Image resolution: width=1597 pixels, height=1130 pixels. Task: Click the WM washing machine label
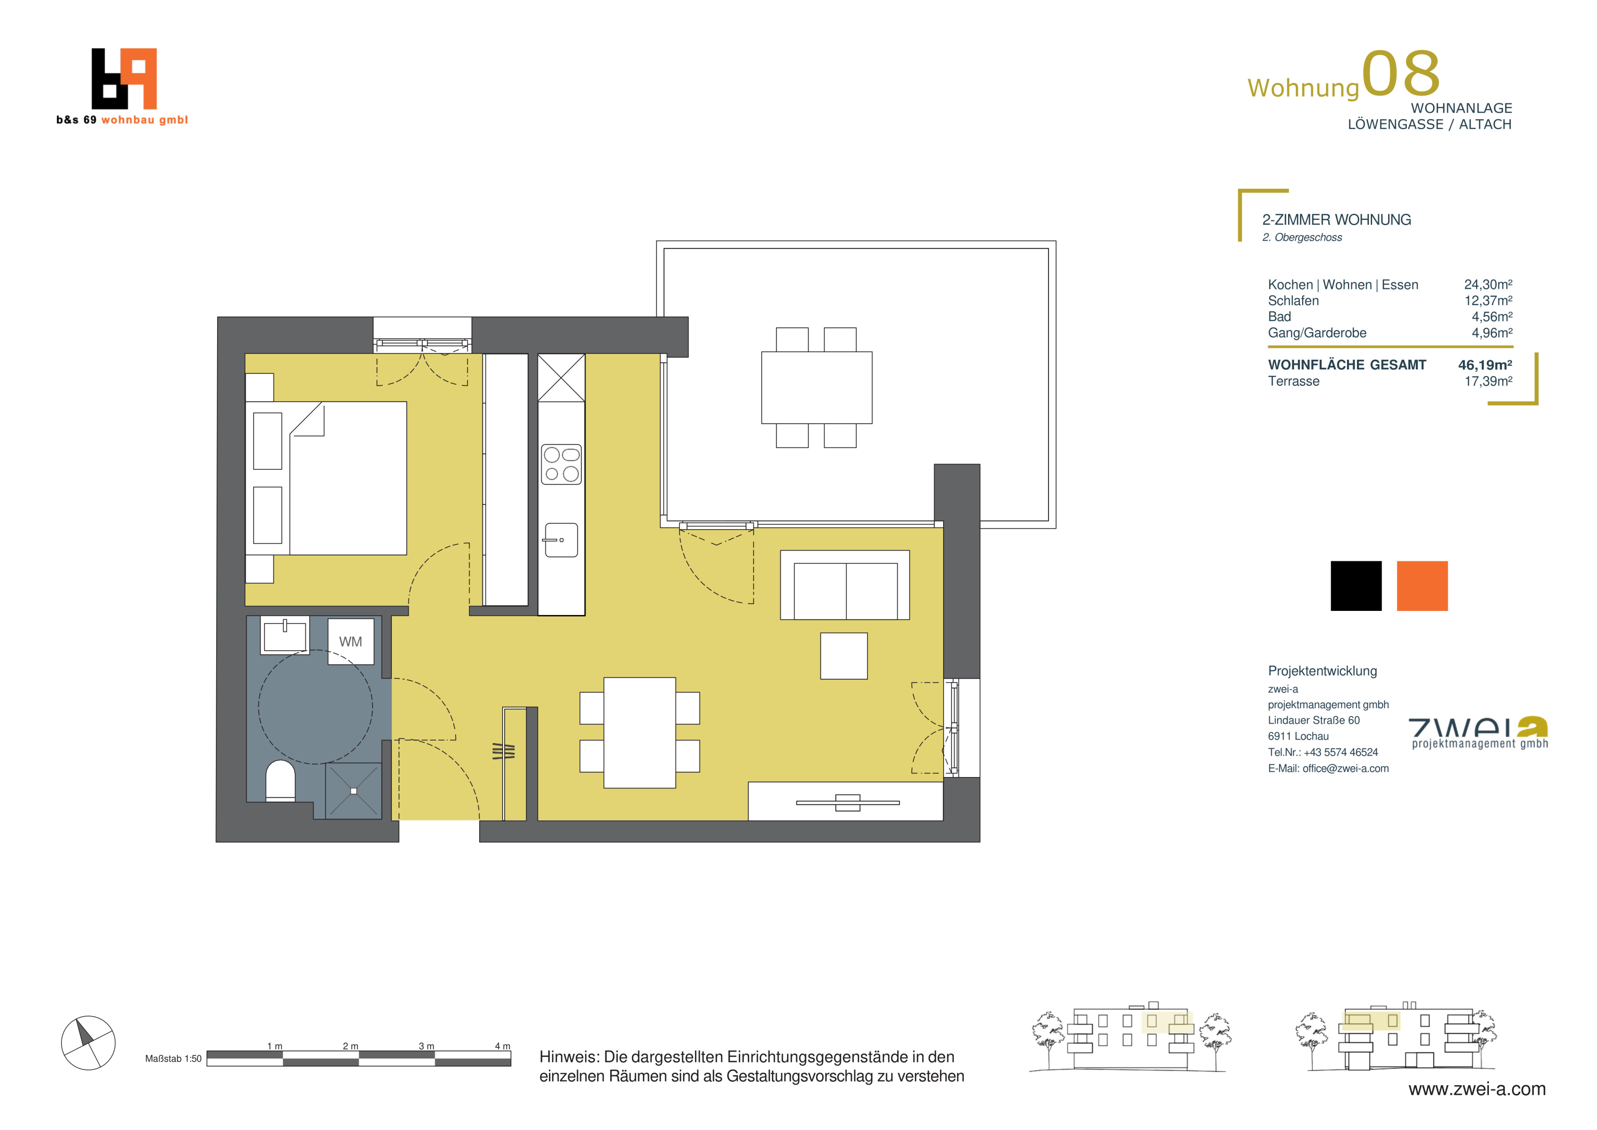[x=350, y=641]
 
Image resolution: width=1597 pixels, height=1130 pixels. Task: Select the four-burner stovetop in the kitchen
[x=561, y=464]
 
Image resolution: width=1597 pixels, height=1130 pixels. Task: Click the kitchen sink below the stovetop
[x=561, y=540]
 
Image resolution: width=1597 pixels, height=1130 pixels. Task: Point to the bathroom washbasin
[x=284, y=635]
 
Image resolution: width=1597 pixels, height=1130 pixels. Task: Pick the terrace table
[x=817, y=388]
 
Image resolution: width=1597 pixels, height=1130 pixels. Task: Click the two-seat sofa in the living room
[x=845, y=585]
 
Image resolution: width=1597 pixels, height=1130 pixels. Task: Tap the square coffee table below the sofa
[x=844, y=656]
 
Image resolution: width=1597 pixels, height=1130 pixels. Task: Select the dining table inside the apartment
[x=639, y=733]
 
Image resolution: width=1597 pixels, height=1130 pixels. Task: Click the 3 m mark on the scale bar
[x=426, y=1046]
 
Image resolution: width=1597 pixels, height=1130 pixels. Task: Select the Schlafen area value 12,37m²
[x=1488, y=300]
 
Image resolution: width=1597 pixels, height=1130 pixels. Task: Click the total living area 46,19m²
[x=1485, y=365]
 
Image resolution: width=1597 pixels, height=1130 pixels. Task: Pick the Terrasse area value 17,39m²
[x=1488, y=381]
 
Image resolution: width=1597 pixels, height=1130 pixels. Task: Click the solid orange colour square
[x=1422, y=586]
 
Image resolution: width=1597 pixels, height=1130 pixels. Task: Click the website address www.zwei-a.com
[x=1477, y=1089]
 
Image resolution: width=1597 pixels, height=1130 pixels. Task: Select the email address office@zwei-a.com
[x=1345, y=768]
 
